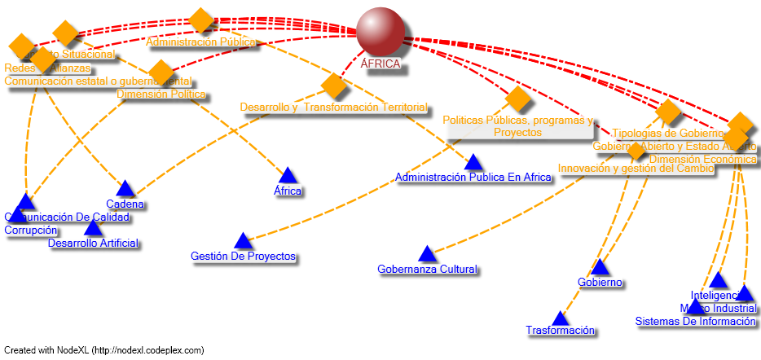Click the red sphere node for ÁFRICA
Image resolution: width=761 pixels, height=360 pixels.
point(380,32)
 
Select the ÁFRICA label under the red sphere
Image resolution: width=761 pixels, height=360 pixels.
point(380,64)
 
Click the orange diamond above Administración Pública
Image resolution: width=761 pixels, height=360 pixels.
point(200,20)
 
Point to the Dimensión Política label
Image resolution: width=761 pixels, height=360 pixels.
point(161,94)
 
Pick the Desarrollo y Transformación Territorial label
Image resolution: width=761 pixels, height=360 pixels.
point(333,107)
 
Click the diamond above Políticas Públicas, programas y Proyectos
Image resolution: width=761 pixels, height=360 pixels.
point(518,99)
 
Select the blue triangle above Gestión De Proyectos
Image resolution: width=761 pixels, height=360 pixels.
point(243,240)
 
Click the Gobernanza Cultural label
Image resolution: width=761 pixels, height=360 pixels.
point(428,269)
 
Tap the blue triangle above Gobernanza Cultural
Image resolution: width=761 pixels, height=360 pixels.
point(428,254)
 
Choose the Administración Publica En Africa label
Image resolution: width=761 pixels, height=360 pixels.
point(473,177)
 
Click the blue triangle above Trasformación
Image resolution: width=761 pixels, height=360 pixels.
point(560,318)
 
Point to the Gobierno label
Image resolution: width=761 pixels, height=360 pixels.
point(600,282)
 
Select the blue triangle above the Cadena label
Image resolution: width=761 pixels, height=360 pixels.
point(125,189)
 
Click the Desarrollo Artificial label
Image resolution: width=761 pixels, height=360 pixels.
point(93,243)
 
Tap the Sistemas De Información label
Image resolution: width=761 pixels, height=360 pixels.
point(696,321)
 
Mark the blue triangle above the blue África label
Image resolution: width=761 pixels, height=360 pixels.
point(288,175)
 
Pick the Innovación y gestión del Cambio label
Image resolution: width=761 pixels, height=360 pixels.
point(636,169)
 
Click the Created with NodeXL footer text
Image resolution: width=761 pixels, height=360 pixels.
point(103,350)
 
